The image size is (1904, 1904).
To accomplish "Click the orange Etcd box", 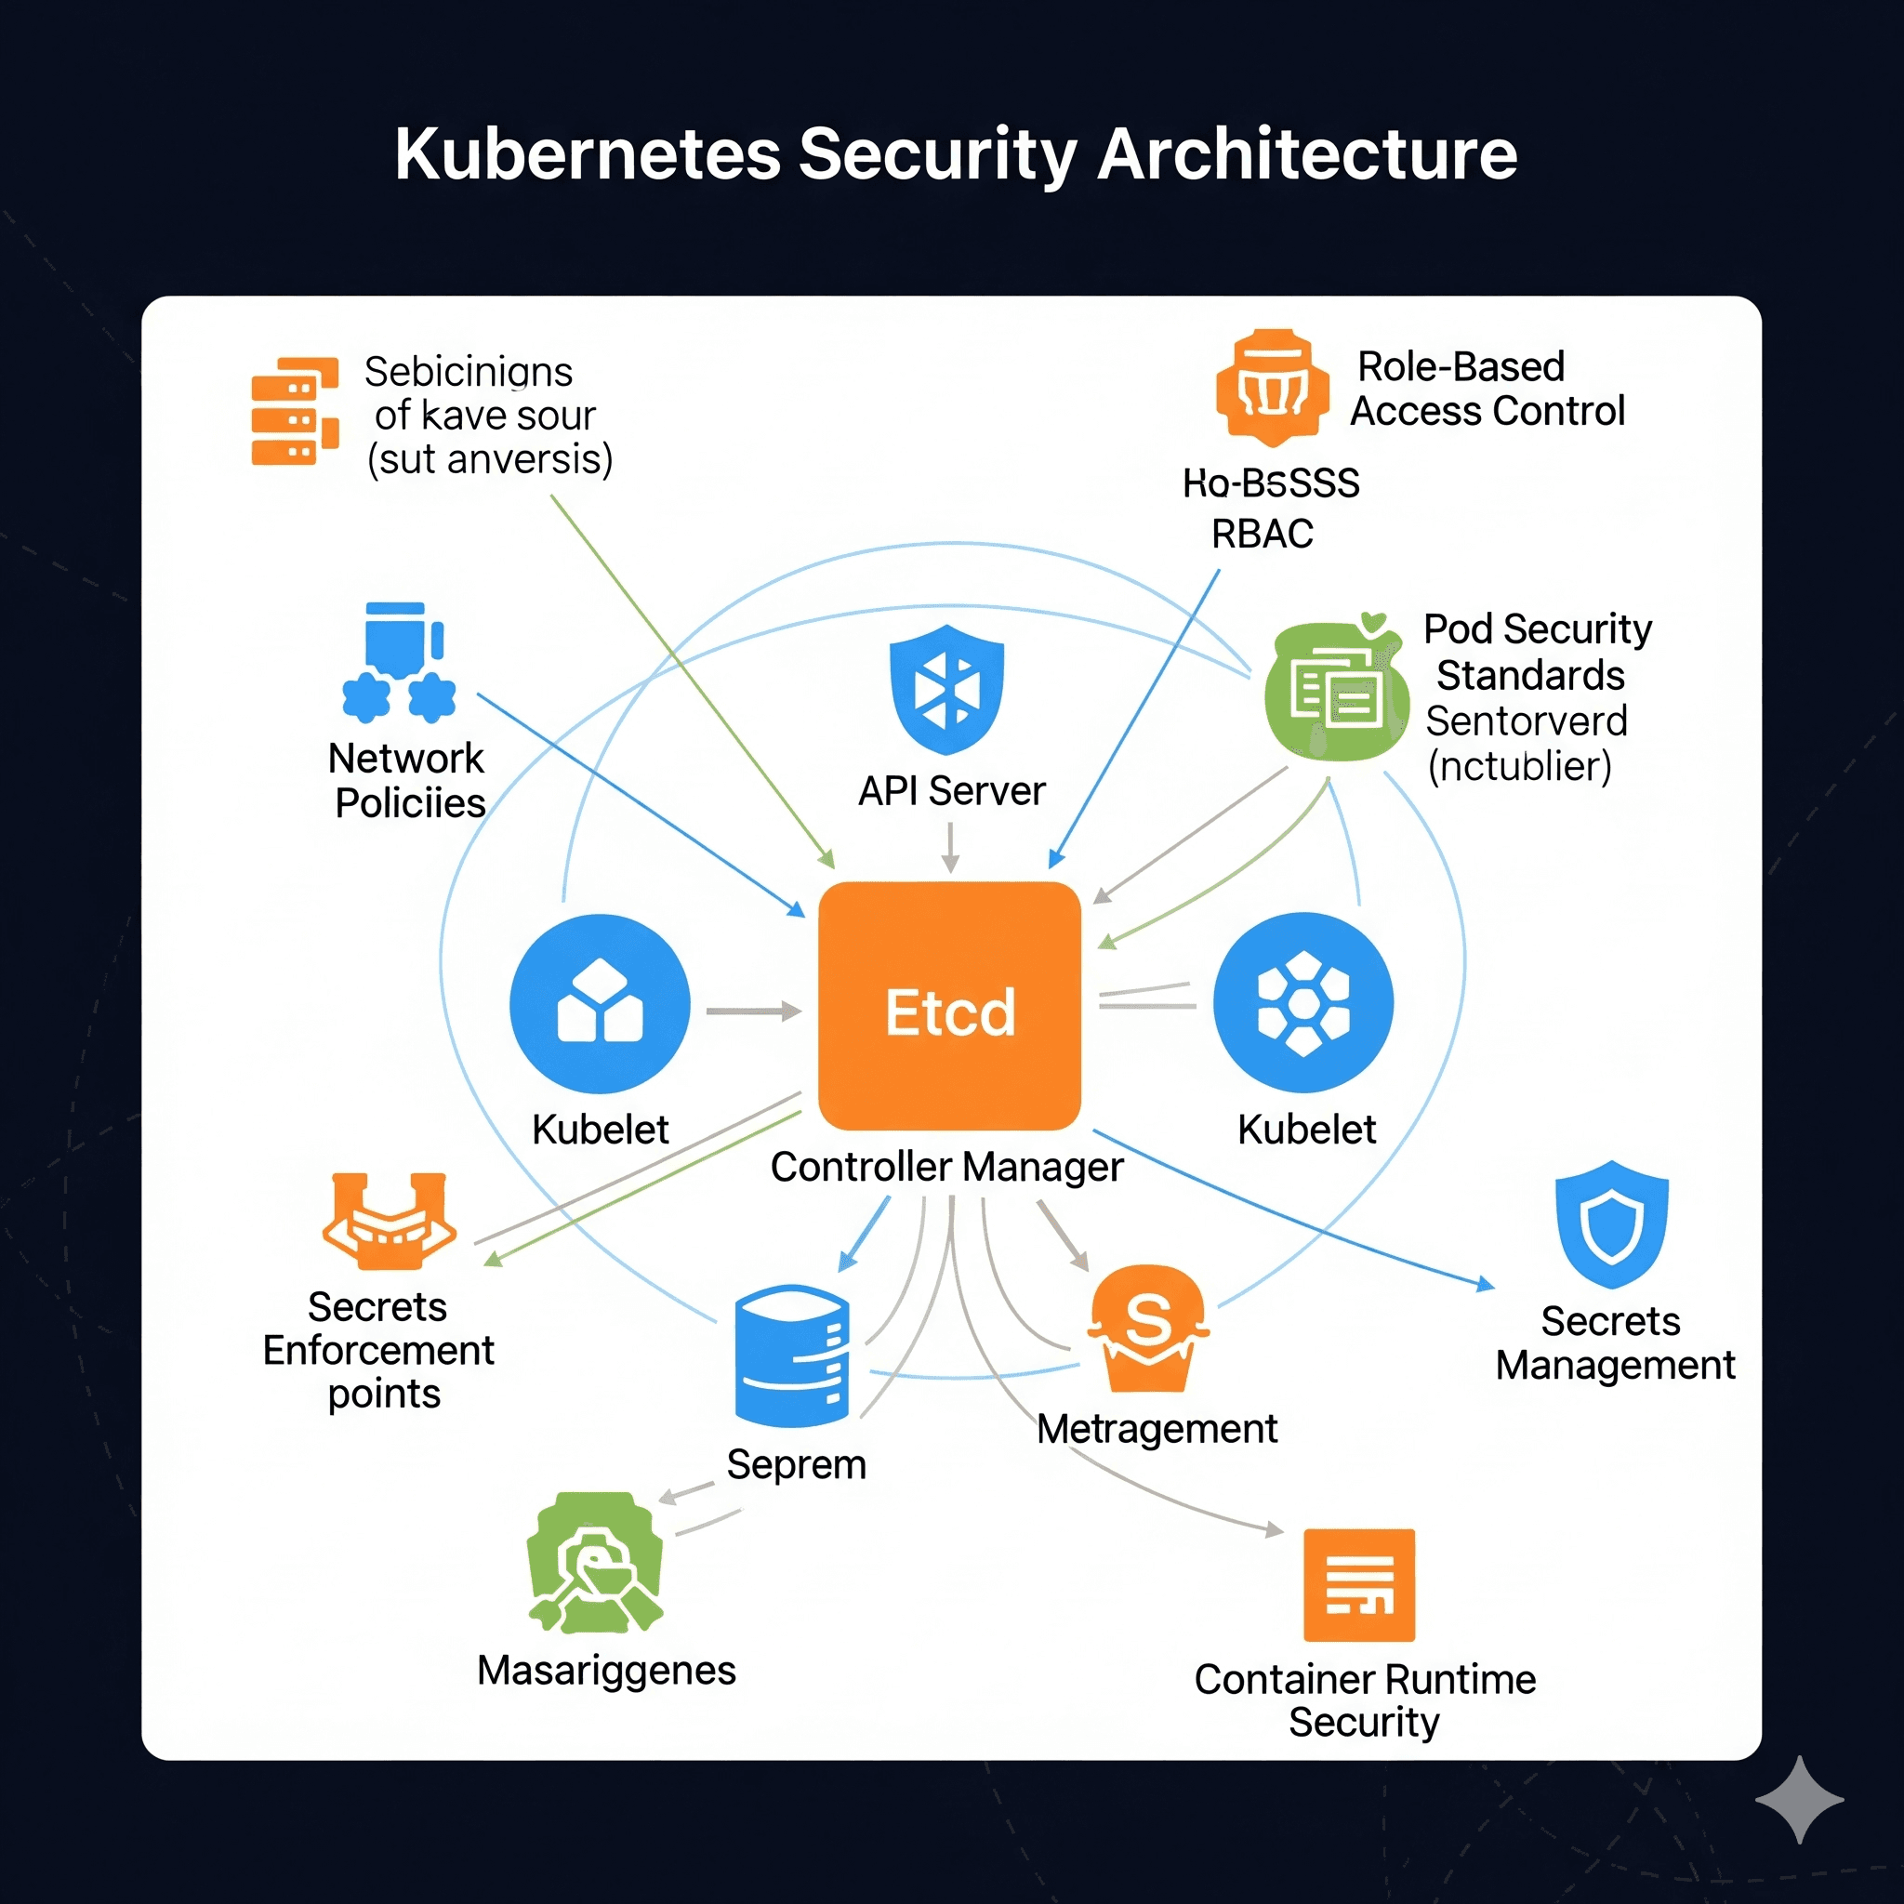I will [x=949, y=1005].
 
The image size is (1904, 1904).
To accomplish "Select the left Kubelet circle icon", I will [x=600, y=1003].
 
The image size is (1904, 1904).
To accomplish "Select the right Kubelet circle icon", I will [x=1302, y=1002].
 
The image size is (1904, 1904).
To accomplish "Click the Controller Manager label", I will [x=946, y=1167].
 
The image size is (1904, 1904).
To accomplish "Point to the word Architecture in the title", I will [x=1306, y=154].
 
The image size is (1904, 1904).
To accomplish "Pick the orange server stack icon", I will [x=295, y=411].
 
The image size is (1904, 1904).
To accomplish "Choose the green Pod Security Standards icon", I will [x=1335, y=690].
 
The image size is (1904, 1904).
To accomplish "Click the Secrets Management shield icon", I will [x=1610, y=1224].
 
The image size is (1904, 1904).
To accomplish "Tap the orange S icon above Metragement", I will [x=1148, y=1327].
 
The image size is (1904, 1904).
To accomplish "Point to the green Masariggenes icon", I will [x=594, y=1563].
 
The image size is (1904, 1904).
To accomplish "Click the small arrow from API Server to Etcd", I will [x=950, y=848].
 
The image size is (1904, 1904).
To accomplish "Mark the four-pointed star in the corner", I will [x=1799, y=1800].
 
